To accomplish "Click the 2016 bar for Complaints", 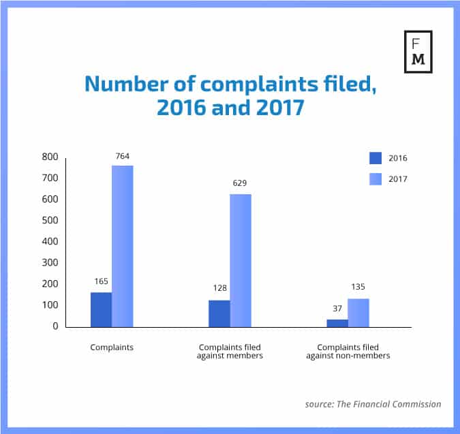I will click(x=101, y=310).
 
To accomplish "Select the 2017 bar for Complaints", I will click(x=123, y=246).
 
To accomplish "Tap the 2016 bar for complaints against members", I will click(x=219, y=313).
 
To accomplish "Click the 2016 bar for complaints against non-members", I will click(x=337, y=323).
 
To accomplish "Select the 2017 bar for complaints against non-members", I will click(x=358, y=313).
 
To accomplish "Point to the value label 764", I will click(x=123, y=157).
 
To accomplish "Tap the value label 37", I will click(x=337, y=309).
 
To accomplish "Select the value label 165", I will click(x=102, y=281).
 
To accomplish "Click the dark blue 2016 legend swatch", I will click(x=375, y=158).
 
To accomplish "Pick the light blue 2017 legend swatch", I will click(x=375, y=179).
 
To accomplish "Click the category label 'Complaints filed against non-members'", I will click(x=348, y=352).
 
